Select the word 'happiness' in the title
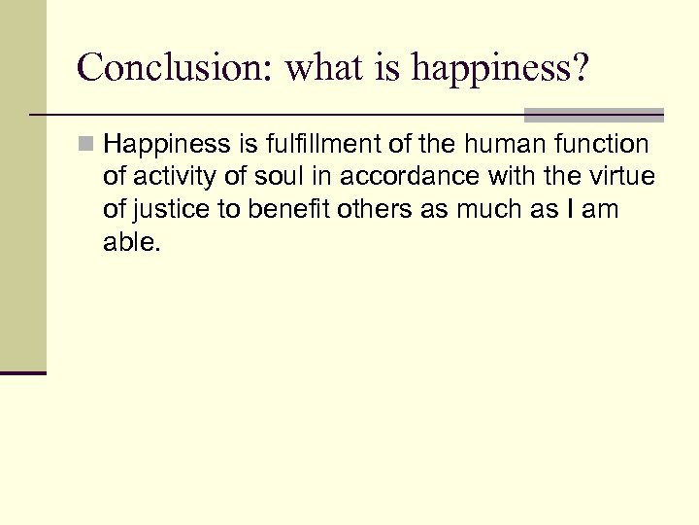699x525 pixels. tap(472, 70)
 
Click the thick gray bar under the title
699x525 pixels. tap(593, 115)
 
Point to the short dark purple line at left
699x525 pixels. tap(23, 372)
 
